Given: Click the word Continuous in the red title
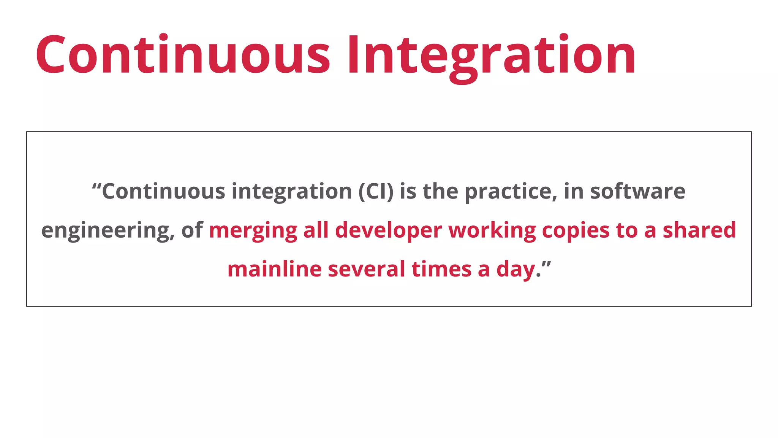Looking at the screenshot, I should coord(183,55).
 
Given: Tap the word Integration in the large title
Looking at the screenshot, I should coord(491,55).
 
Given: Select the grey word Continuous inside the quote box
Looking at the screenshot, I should coord(164,191).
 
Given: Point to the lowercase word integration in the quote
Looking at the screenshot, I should coord(292,192).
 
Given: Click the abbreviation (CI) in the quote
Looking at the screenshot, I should coord(376,191).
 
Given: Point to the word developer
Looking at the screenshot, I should coord(389,231).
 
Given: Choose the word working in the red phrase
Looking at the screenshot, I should coord(492,231).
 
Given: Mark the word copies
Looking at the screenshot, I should coord(576,231).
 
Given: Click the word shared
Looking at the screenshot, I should coord(699,230).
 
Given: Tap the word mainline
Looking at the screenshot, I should coord(274,269).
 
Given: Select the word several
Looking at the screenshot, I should coord(366,269).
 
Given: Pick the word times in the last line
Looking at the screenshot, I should coord(441,269).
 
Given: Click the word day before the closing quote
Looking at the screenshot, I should coord(516,270).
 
